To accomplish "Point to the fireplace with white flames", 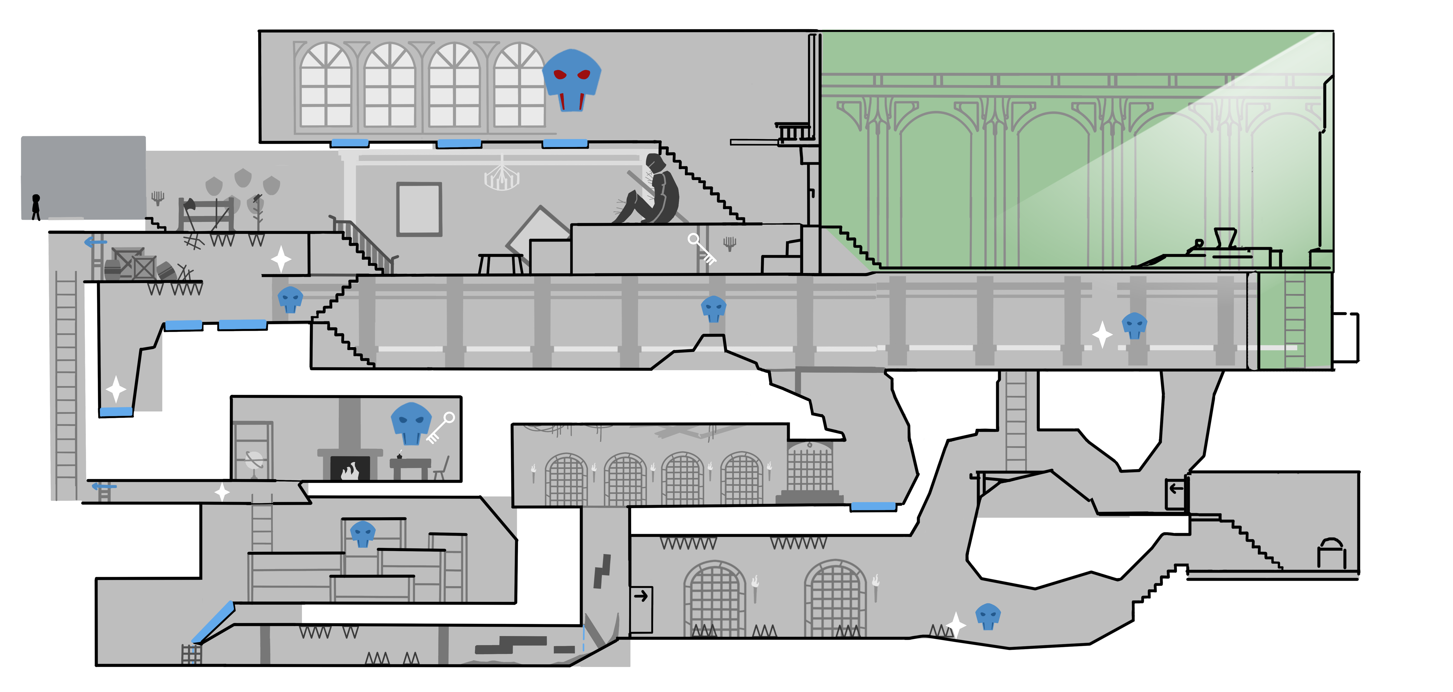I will (350, 468).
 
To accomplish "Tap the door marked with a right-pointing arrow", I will (641, 609).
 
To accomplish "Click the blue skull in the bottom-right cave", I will (988, 616).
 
